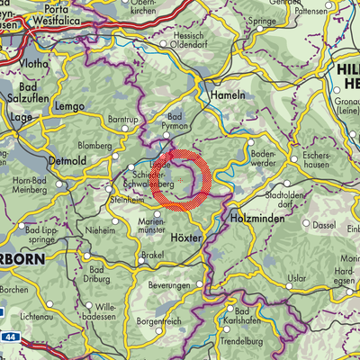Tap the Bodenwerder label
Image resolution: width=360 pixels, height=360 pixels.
pos(266,148)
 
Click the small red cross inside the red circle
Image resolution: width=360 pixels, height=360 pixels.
pos(180,181)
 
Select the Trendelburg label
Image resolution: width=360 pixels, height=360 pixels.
pos(245,341)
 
